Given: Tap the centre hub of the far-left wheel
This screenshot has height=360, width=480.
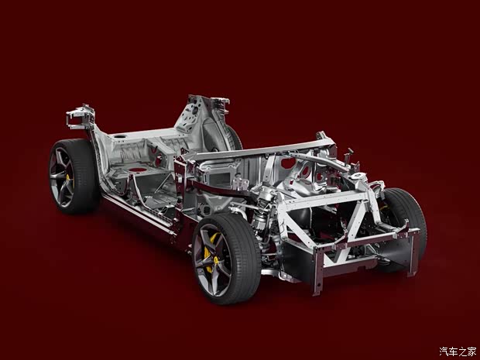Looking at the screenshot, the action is pyautogui.click(x=61, y=177).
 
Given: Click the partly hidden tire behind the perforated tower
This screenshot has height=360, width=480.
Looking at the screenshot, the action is pyautogui.click(x=235, y=139).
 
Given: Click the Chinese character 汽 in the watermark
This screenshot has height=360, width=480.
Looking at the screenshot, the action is pyautogui.click(x=444, y=351).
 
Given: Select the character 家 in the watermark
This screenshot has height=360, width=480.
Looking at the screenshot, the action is pyautogui.click(x=471, y=351).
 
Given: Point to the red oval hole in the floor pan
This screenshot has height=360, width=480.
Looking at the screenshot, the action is pyautogui.click(x=137, y=170).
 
